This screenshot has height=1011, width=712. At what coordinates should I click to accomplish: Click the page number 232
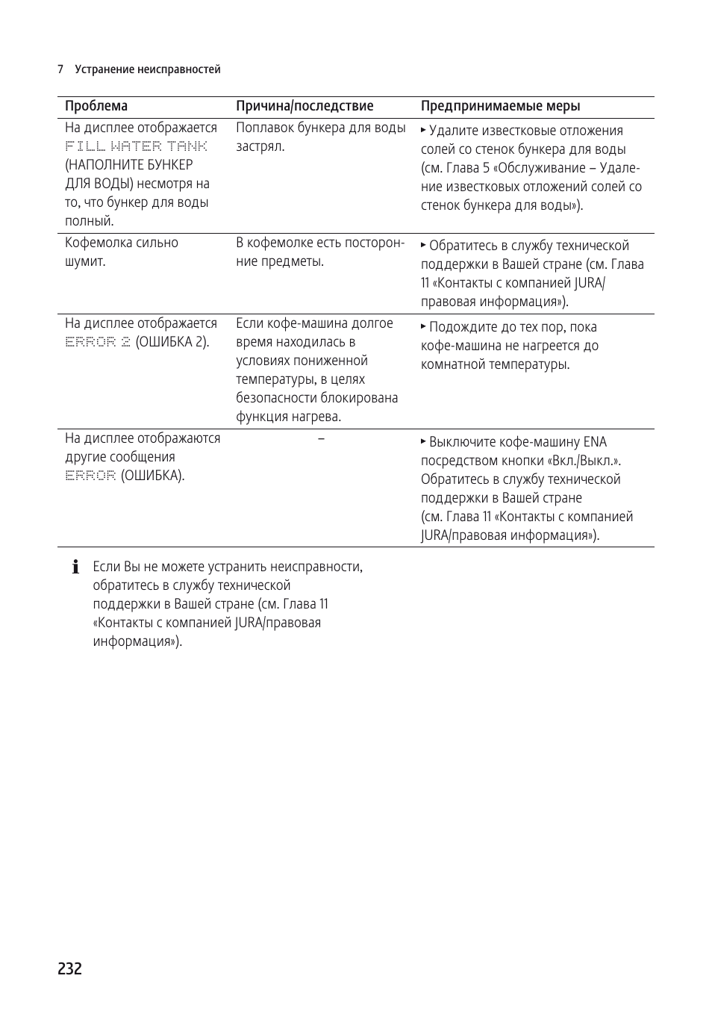[x=69, y=968]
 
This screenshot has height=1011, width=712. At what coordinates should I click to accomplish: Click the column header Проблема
[x=96, y=106]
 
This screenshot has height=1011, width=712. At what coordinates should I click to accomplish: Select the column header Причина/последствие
[x=305, y=106]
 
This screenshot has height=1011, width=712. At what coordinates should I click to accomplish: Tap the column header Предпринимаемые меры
[x=500, y=106]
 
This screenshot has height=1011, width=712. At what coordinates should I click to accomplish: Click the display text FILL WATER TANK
[x=136, y=146]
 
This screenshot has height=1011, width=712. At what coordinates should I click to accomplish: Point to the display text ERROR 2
[x=98, y=342]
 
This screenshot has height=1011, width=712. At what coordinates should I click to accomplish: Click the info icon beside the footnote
[x=75, y=567]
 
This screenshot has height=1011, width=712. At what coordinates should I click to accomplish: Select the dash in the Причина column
[x=321, y=438]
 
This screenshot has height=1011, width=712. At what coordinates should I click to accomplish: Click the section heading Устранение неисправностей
[x=148, y=69]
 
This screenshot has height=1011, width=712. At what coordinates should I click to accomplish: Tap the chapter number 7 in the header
[x=60, y=69]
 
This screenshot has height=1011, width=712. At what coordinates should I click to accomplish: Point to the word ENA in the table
[x=595, y=442]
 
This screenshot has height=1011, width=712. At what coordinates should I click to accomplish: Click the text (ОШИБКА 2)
[x=172, y=342]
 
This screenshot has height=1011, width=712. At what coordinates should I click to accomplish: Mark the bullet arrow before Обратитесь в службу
[x=423, y=245]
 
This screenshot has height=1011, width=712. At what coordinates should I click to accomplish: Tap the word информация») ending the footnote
[x=137, y=641]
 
